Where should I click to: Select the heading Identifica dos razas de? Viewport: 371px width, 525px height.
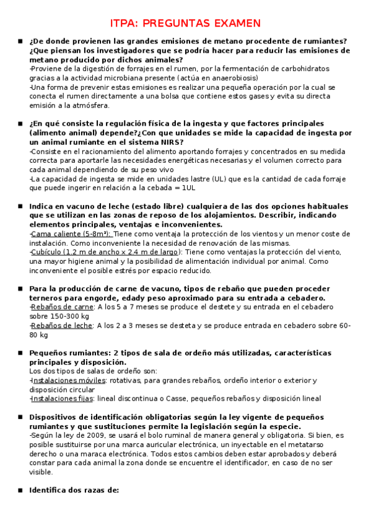pos(74,490)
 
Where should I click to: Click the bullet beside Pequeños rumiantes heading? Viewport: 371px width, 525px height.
pos(20,353)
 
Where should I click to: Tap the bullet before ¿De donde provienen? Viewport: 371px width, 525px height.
pos(20,41)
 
